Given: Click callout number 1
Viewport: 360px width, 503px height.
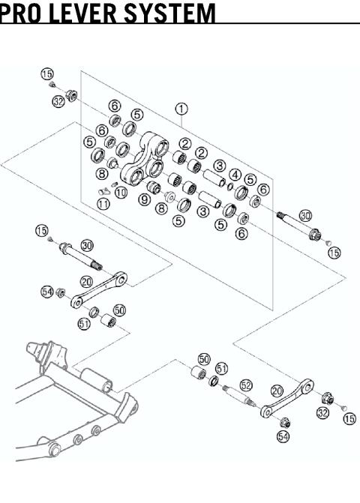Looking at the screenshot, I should tap(180, 109).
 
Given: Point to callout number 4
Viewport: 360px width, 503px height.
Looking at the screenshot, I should tap(236, 175).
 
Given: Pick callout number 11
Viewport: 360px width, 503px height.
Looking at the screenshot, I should tap(103, 203).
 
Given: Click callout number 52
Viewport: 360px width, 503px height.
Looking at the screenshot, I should tap(246, 385).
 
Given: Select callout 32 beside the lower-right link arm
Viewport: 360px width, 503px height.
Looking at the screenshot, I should tap(323, 413).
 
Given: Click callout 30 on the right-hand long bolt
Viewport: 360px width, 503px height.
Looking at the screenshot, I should tap(304, 216).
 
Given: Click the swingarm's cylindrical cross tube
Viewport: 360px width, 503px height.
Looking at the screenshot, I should tap(97, 378).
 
